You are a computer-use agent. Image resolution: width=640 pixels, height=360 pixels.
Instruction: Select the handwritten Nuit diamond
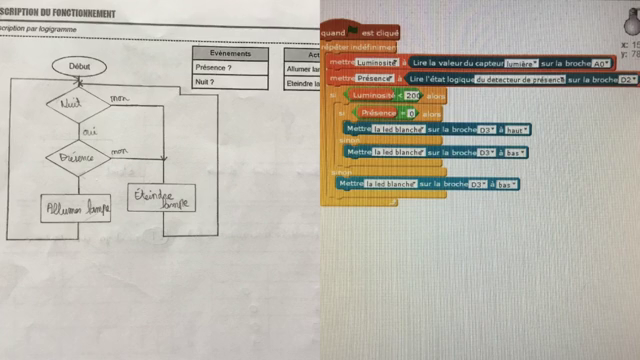[76, 103]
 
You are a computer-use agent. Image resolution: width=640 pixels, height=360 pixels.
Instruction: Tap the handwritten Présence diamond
[77, 157]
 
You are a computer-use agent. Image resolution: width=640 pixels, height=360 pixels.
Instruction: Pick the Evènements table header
[230, 53]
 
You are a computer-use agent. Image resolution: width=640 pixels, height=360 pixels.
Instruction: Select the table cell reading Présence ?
[230, 69]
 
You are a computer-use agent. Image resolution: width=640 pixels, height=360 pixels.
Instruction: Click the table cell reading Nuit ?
[230, 84]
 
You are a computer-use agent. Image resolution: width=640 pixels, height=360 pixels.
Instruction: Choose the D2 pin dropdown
[628, 78]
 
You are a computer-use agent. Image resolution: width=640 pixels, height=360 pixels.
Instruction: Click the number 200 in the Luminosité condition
[413, 95]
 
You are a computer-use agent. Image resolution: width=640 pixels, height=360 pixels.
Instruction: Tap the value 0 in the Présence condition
[411, 113]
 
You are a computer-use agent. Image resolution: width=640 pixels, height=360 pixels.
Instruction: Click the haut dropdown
[517, 129]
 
